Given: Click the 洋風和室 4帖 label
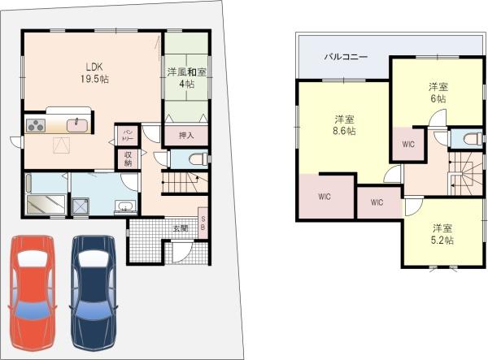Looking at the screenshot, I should (x=185, y=77).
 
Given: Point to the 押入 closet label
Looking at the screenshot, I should (x=186, y=135).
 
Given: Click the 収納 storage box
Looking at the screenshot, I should (x=129, y=159).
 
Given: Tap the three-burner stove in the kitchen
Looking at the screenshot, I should (x=37, y=124).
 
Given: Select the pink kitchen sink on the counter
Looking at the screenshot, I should (x=76, y=124).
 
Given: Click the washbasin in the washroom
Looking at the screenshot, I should (x=124, y=205).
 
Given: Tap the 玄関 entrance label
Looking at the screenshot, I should (x=180, y=228).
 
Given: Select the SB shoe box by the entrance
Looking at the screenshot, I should (x=203, y=223).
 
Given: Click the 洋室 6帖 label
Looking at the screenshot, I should (x=438, y=92).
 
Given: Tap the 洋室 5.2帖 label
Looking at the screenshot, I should (x=442, y=233).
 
